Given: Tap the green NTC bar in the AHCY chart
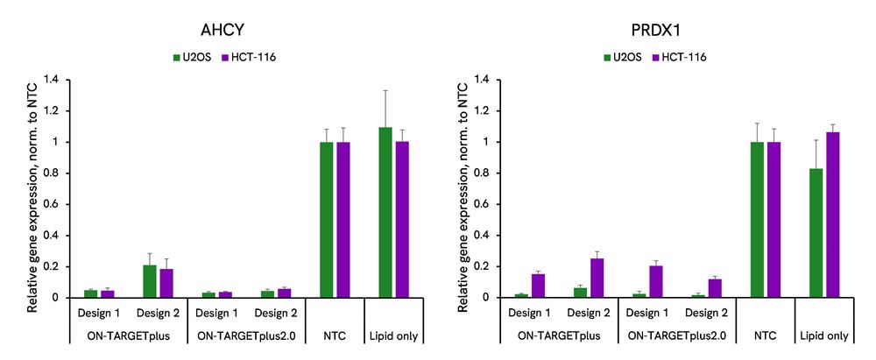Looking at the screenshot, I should coord(326,219).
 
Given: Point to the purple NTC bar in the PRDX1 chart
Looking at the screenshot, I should coord(774,219).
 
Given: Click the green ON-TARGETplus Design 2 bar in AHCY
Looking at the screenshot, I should coord(150,281).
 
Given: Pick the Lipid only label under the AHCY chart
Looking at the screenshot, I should coord(394,335).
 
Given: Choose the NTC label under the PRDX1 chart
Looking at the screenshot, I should coord(766,335).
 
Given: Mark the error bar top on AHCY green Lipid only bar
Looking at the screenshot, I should coord(385,90).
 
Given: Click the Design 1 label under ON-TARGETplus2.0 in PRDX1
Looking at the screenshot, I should coord(648,313).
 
